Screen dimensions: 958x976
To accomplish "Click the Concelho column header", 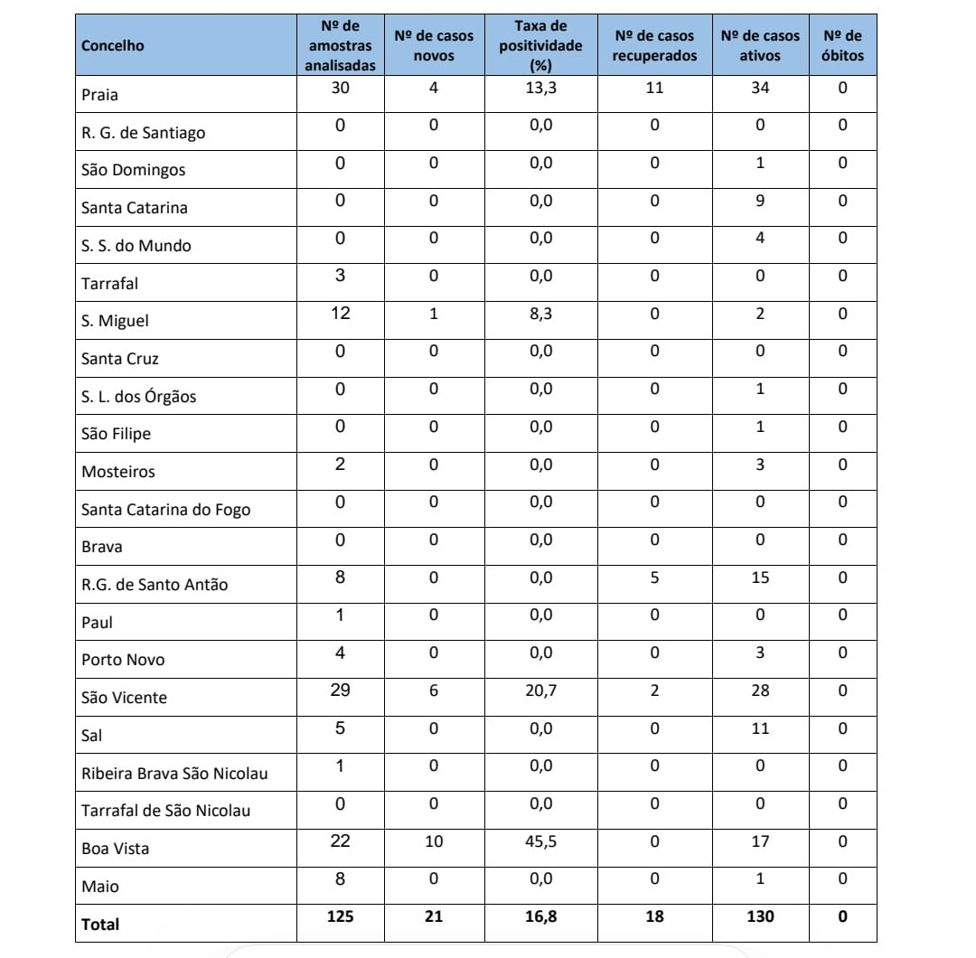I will click(x=113, y=46).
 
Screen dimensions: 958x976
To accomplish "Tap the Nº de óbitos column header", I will click(x=842, y=46).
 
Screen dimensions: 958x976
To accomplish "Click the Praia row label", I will click(x=99, y=95).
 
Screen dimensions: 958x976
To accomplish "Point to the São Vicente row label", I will click(x=124, y=698).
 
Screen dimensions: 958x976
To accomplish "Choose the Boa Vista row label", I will click(x=115, y=849).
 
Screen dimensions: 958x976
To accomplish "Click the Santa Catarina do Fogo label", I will click(x=165, y=510).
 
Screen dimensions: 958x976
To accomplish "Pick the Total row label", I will click(x=100, y=925).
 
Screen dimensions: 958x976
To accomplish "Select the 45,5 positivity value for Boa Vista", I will click(x=540, y=842).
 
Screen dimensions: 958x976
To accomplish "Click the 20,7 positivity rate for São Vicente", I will click(x=540, y=691).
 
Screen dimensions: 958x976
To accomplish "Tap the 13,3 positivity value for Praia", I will click(x=540, y=89).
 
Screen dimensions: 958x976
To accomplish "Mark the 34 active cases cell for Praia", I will click(x=760, y=89).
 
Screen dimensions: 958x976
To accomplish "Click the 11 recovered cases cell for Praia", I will click(x=654, y=89).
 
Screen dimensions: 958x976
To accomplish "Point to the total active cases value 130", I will click(x=760, y=917).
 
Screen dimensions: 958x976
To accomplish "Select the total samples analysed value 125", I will click(x=340, y=917).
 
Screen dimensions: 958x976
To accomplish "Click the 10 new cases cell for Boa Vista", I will click(x=434, y=842).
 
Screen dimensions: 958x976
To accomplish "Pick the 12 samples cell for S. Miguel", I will click(x=340, y=314).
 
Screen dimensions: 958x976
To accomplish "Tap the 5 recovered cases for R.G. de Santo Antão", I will click(x=654, y=578).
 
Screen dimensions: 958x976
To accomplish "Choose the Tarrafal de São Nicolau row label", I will click(x=165, y=811).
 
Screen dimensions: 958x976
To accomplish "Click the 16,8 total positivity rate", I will click(x=540, y=917).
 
